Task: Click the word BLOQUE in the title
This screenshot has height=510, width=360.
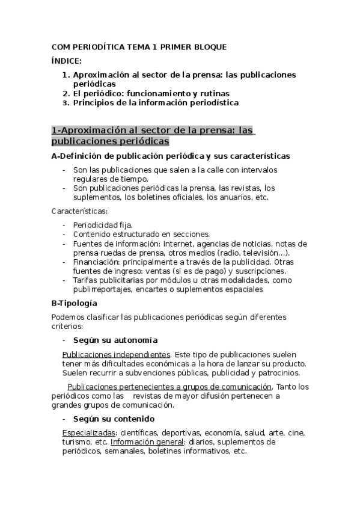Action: (x=210, y=47)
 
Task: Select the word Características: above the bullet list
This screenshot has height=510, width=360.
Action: (x=79, y=211)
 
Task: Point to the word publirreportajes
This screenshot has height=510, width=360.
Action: (x=102, y=289)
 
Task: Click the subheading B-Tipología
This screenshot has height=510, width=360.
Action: (x=75, y=303)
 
